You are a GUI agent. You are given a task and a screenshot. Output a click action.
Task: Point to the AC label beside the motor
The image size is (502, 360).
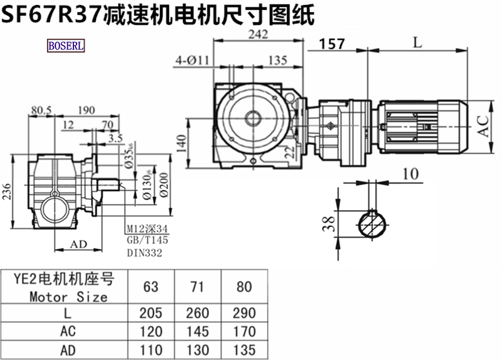click(x=483, y=126)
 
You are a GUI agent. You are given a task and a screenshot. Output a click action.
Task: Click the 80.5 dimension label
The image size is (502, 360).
click(x=42, y=110)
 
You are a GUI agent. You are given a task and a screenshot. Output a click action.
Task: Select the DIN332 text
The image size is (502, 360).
click(x=144, y=253)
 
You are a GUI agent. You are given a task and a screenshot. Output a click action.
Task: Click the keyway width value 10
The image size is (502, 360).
click(x=410, y=174)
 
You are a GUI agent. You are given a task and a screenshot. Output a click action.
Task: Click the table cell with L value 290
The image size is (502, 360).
click(x=245, y=312)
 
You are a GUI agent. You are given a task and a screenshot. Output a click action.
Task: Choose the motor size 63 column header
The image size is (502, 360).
click(x=151, y=287)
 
